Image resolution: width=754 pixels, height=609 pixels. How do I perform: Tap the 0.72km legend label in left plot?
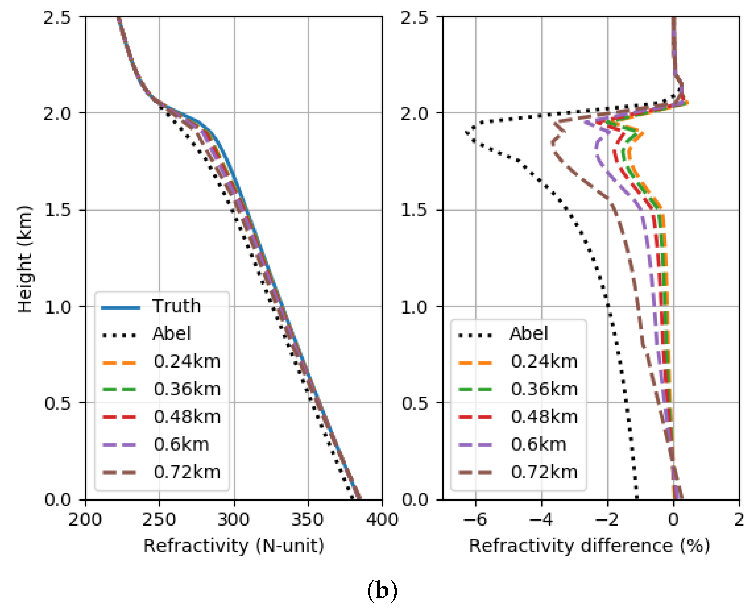(187, 472)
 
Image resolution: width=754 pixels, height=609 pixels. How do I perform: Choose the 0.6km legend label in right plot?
(538, 444)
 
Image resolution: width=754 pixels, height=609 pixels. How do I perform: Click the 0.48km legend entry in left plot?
(187, 417)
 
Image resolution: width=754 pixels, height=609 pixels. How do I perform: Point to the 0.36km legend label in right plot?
(544, 389)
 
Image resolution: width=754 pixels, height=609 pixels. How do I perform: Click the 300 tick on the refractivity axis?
(233, 519)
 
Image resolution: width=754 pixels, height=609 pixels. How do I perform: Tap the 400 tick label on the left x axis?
(382, 519)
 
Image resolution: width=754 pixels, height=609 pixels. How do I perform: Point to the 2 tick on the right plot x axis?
(739, 519)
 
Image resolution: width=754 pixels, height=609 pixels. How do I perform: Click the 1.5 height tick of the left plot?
(57, 210)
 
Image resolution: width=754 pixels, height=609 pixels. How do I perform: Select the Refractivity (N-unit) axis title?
(233, 546)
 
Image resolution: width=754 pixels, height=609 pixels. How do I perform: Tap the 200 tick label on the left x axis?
(85, 519)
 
